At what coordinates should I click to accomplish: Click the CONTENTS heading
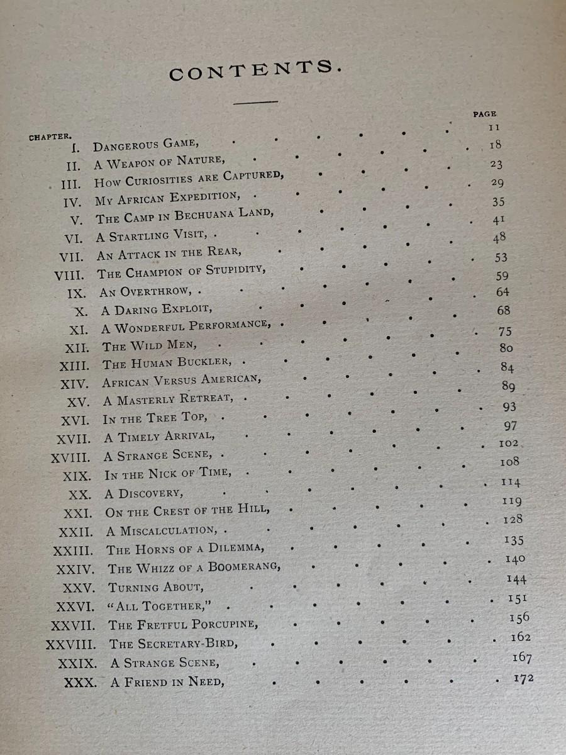pos(255,69)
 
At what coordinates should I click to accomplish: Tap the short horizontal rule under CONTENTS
pos(255,101)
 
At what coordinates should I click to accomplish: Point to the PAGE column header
pos(484,114)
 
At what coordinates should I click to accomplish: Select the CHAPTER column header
pos(50,136)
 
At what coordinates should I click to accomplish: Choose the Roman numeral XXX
pos(80,681)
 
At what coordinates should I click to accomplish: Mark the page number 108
pos(509,461)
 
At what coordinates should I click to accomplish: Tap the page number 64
pos(502,292)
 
